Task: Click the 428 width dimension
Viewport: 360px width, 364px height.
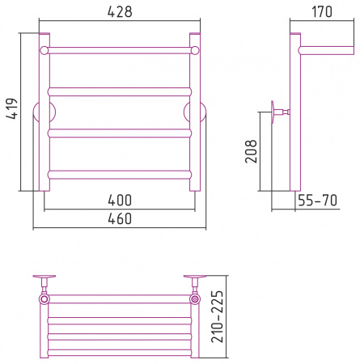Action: click(x=120, y=11)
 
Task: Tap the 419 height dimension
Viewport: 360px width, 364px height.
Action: click(x=12, y=108)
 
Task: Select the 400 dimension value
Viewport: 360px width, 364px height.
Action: click(x=120, y=201)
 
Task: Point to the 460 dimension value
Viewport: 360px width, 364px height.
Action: click(x=120, y=218)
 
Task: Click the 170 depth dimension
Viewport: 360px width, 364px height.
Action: click(x=322, y=11)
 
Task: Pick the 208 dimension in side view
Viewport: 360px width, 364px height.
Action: click(x=251, y=151)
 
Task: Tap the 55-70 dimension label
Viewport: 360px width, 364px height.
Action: click(x=318, y=201)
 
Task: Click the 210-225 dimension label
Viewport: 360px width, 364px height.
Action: click(x=217, y=316)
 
